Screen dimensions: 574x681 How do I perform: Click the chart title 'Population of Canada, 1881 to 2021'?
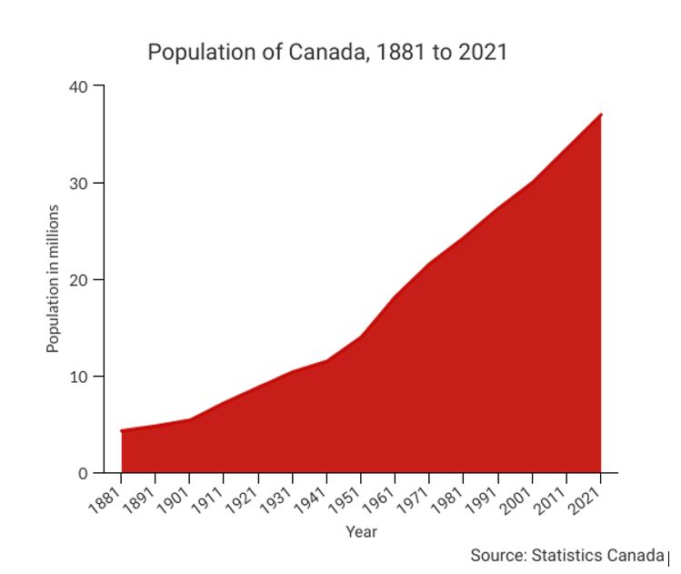click(327, 53)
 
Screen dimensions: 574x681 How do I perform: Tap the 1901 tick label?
click(176, 495)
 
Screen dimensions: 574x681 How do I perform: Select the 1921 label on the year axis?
click(245, 495)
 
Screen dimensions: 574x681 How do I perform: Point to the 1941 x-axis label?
click(314, 495)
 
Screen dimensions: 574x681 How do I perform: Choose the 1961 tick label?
click(383, 495)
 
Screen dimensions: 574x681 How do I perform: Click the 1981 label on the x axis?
click(451, 495)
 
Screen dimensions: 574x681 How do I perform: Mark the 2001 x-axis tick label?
click(519, 495)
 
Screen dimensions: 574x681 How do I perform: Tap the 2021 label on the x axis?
click(588, 495)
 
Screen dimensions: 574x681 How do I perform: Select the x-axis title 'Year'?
click(361, 531)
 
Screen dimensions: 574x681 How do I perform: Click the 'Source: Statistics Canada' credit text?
click(567, 555)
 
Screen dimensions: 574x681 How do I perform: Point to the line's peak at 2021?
click(601, 115)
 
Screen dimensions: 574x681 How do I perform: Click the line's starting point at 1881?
click(121, 430)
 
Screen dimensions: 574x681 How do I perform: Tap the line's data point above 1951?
click(361, 337)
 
